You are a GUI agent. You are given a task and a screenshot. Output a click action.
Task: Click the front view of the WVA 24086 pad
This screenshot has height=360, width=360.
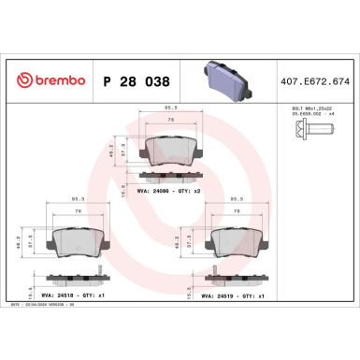click(x=169, y=150)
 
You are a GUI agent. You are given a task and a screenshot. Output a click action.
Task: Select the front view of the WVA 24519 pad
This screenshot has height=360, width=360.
click(x=242, y=240)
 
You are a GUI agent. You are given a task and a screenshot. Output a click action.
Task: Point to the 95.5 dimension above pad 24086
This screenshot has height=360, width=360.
click(x=169, y=108)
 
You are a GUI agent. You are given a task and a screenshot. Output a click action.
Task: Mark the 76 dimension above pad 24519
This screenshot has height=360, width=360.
click(x=242, y=211)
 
